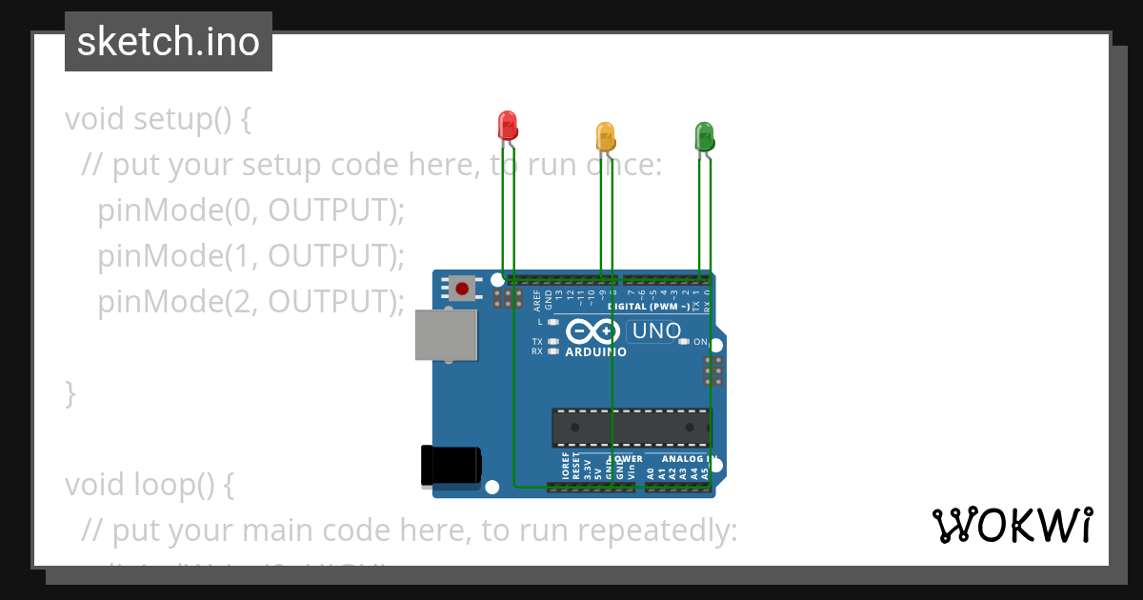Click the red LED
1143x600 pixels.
click(507, 126)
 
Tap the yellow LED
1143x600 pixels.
click(605, 135)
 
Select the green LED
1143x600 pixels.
click(704, 135)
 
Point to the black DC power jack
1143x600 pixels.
click(451, 466)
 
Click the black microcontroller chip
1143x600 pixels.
click(631, 428)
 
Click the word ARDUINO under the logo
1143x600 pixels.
click(596, 352)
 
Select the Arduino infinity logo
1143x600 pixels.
click(593, 331)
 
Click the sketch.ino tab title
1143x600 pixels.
click(169, 42)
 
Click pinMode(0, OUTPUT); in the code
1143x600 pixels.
click(251, 210)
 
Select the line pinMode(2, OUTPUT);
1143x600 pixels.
click(251, 302)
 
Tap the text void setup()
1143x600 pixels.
click(158, 119)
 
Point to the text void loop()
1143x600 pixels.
click(150, 485)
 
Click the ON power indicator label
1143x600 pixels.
click(700, 342)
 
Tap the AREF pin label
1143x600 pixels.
click(537, 302)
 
